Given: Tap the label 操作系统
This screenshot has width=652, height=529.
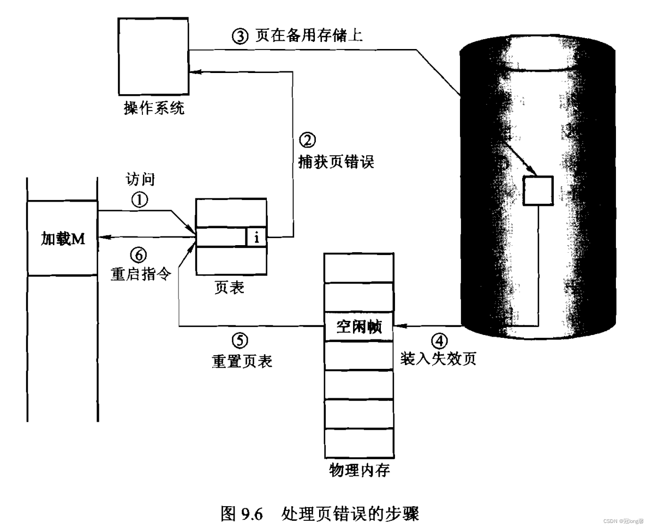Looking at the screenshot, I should click(153, 110).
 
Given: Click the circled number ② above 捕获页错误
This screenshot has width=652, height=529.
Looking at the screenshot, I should click(308, 141).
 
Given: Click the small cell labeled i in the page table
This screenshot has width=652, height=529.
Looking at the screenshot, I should click(256, 237).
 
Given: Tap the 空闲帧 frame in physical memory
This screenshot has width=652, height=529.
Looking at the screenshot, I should click(358, 327).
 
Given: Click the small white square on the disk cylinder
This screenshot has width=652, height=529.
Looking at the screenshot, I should click(539, 191).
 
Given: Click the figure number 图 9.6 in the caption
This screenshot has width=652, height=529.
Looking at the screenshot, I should click(244, 513).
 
